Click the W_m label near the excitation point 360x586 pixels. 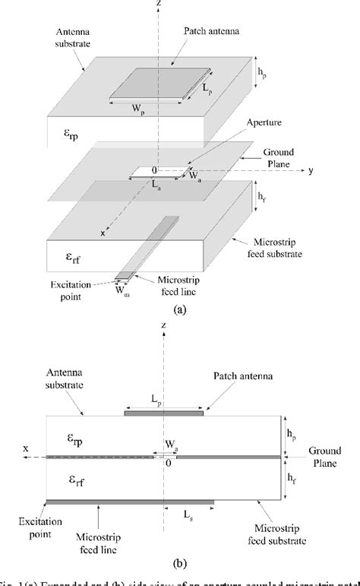click(x=122, y=288)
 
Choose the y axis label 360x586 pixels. click(x=311, y=170)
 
